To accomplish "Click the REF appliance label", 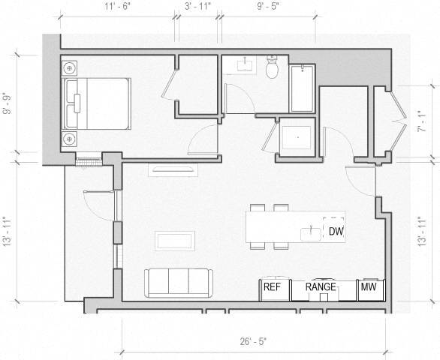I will (271, 287).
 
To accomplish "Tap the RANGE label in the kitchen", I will (321, 287).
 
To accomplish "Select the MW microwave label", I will (368, 287).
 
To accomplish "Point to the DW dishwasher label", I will (335, 232).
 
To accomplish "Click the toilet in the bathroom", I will (273, 68).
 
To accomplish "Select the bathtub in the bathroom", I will (302, 88).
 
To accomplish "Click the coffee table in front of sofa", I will (175, 241).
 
